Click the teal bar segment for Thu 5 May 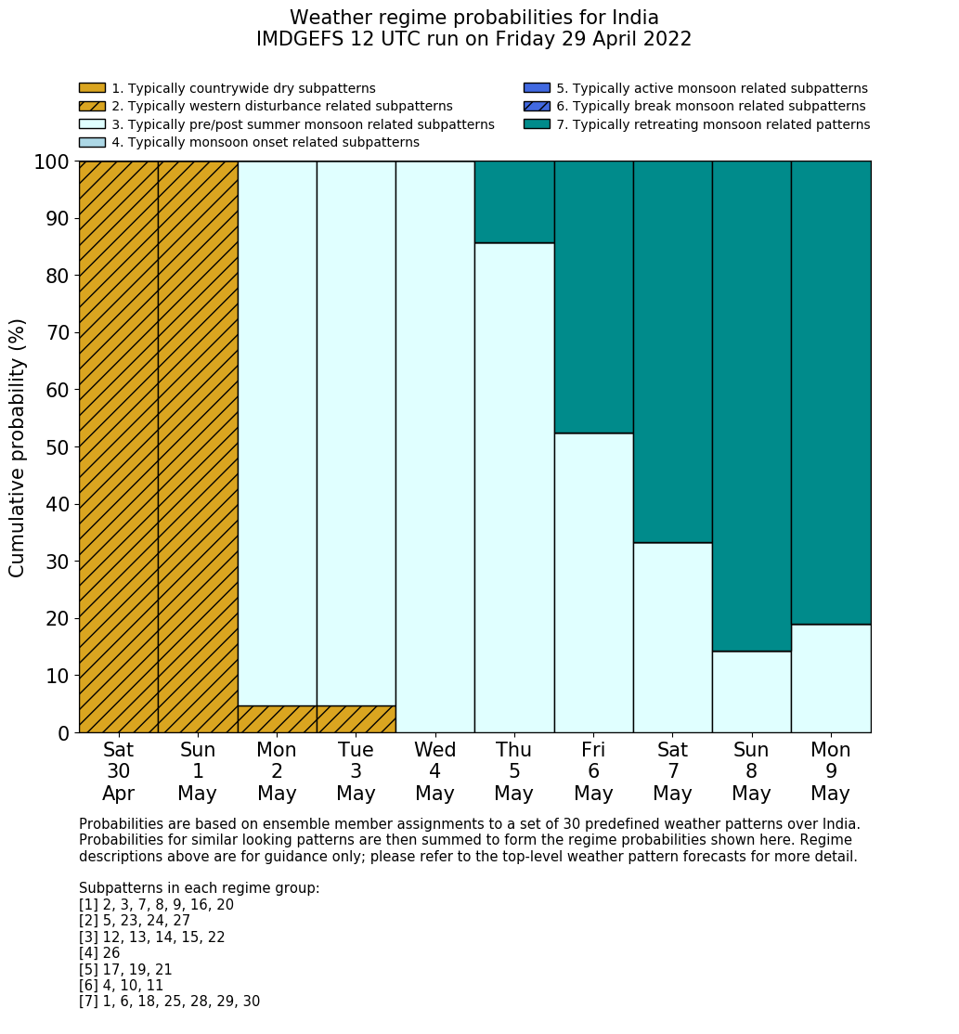pyautogui.click(x=514, y=201)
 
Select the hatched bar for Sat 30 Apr pyautogui.click(x=118, y=446)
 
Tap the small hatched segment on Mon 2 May pyautogui.click(x=277, y=719)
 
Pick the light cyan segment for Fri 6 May pyautogui.click(x=593, y=583)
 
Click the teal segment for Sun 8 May pyautogui.click(x=751, y=406)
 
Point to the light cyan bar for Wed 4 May pyautogui.click(x=434, y=446)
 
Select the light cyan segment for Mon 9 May pyautogui.click(x=831, y=679)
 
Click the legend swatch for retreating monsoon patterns pyautogui.click(x=537, y=124)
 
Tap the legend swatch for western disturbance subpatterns pyautogui.click(x=92, y=107)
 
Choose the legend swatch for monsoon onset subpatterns pyautogui.click(x=92, y=142)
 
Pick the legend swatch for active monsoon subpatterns pyautogui.click(x=537, y=88)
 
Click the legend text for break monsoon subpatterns pyautogui.click(x=710, y=107)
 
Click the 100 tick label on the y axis pyautogui.click(x=52, y=162)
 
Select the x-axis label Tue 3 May pyautogui.click(x=356, y=771)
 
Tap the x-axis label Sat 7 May pyautogui.click(x=672, y=771)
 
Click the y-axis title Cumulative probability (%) pyautogui.click(x=18, y=447)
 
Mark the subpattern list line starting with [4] pyautogui.click(x=99, y=953)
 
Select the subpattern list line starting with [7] pyautogui.click(x=169, y=1002)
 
